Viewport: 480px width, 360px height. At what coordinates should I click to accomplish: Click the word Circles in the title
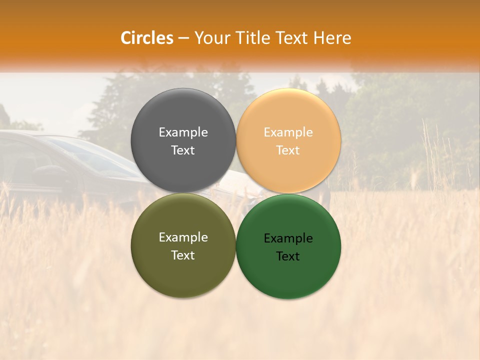click(x=147, y=38)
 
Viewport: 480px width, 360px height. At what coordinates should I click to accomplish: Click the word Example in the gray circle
click(x=183, y=132)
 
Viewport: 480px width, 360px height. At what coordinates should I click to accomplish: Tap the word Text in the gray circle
click(x=183, y=150)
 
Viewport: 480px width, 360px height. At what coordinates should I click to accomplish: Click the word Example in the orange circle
click(x=288, y=132)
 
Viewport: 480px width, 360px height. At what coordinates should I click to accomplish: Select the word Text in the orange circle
click(x=288, y=150)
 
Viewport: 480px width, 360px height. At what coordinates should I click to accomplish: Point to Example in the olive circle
click(x=183, y=237)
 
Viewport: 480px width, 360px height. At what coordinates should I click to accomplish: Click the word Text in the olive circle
click(x=183, y=255)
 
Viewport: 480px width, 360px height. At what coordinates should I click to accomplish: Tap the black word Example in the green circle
click(x=288, y=238)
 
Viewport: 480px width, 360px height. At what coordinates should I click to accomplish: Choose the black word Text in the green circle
click(x=288, y=256)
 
